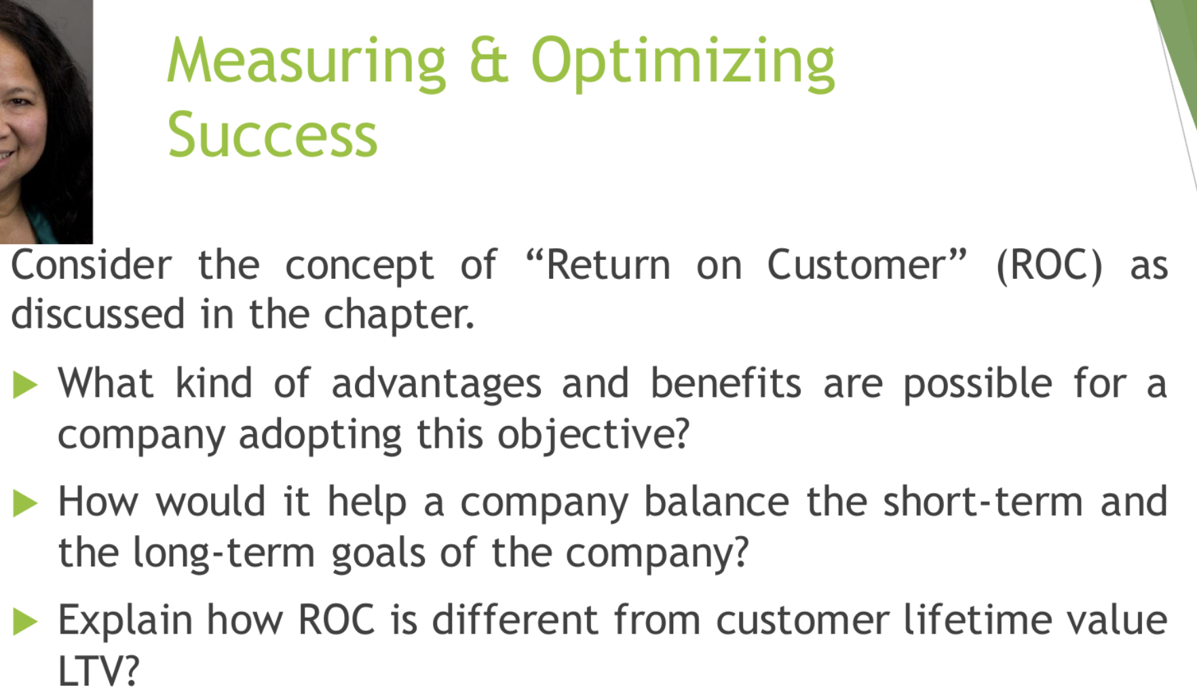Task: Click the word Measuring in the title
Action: click(x=306, y=62)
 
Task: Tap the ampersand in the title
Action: click(x=489, y=60)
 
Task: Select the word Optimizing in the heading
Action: click(x=683, y=62)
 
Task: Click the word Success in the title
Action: click(x=272, y=134)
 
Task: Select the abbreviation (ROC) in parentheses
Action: click(x=1049, y=265)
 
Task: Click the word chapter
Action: click(x=398, y=315)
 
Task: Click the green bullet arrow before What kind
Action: click(x=25, y=385)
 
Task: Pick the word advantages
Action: click(x=436, y=384)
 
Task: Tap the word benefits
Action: click(x=726, y=383)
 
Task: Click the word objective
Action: click(x=593, y=434)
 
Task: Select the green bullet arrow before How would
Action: click(x=25, y=503)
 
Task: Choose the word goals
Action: click(x=378, y=554)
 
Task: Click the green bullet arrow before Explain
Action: click(x=25, y=621)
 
